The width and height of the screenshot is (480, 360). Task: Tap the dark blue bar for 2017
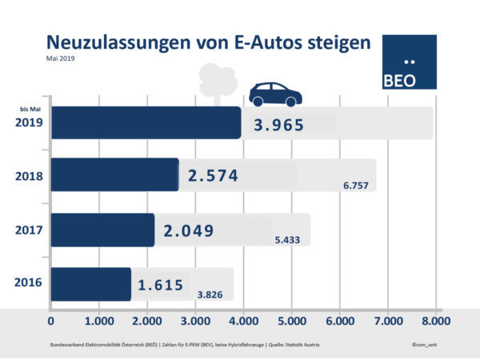tap(102, 230)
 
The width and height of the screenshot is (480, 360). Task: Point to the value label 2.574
tap(213, 176)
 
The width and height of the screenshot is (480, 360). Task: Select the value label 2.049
tap(189, 231)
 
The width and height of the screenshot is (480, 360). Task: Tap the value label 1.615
tap(162, 285)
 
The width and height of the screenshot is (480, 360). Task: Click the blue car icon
tap(275, 94)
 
